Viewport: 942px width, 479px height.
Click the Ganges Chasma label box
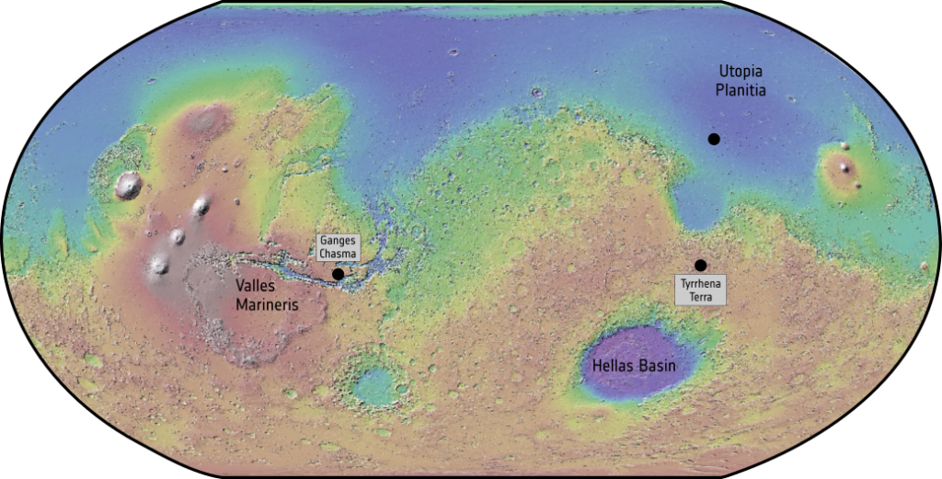click(338, 247)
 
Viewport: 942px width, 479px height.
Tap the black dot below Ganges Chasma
click(338, 274)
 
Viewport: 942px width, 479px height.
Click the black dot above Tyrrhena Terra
click(701, 265)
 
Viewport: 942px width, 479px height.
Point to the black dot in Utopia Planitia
click(714, 139)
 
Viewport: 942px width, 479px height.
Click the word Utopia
click(742, 72)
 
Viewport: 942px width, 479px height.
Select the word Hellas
click(612, 365)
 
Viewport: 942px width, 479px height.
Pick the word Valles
click(255, 287)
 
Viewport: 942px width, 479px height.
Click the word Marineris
click(267, 305)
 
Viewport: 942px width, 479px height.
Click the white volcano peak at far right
click(844, 167)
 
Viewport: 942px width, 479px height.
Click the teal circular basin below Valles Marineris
click(374, 386)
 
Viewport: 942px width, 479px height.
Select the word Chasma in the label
click(338, 254)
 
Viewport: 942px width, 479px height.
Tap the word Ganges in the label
click(338, 241)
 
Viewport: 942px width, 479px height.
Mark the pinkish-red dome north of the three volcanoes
click(208, 120)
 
